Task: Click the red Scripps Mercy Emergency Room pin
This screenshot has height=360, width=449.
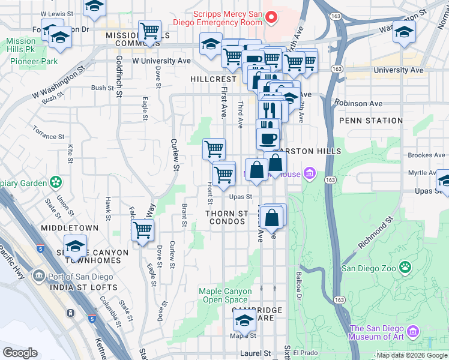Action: click(x=271, y=17)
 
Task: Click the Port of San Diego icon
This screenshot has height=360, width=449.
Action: click(x=40, y=276)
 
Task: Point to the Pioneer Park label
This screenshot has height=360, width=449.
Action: click(x=33, y=61)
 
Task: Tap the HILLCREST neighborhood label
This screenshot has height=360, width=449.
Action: click(x=213, y=79)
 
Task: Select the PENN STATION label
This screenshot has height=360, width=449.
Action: click(x=370, y=121)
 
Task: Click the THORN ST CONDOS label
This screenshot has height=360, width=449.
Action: click(x=226, y=217)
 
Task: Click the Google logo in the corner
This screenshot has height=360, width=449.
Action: click(x=20, y=353)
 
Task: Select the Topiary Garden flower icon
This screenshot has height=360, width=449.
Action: click(x=56, y=181)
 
